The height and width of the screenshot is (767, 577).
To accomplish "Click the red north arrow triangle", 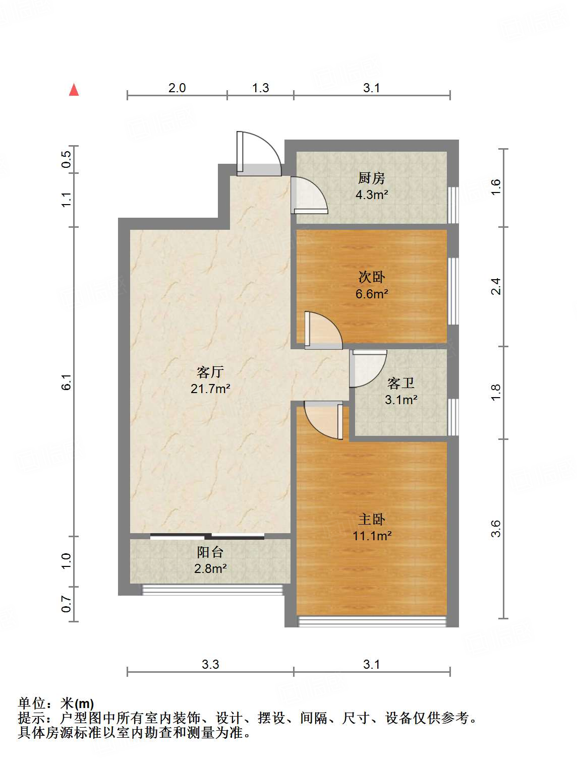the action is pos(74,90).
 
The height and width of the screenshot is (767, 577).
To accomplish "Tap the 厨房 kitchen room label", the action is pos(371,178).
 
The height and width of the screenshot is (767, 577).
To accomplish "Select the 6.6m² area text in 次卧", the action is pos(371,294).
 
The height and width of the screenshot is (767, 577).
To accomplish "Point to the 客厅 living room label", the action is pos(210,372).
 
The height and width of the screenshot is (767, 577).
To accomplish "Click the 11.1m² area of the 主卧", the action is pos(372,536).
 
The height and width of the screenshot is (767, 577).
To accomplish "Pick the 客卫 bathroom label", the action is pos(401,383).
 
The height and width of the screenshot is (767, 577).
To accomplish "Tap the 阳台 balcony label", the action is pos(210,552).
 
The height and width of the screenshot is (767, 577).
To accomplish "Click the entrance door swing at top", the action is pos(259,153).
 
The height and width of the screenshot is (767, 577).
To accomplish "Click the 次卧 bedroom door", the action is pos(323,330).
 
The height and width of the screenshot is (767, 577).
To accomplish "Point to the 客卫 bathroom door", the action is pos(368,369).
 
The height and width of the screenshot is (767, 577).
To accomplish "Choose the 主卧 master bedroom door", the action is pos(323,420).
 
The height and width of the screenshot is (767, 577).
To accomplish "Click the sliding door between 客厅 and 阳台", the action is pos(207,536).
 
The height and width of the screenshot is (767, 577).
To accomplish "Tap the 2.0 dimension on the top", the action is pos(177,88).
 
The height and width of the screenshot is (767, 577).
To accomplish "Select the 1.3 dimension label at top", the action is pos(261,88).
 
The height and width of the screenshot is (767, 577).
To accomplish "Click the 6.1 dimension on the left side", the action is pos(67,381).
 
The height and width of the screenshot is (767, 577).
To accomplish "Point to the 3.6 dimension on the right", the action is pos(496,529).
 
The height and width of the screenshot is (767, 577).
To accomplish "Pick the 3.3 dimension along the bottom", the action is pos(210,664).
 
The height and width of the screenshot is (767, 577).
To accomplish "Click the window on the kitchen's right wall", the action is pos(453,205).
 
